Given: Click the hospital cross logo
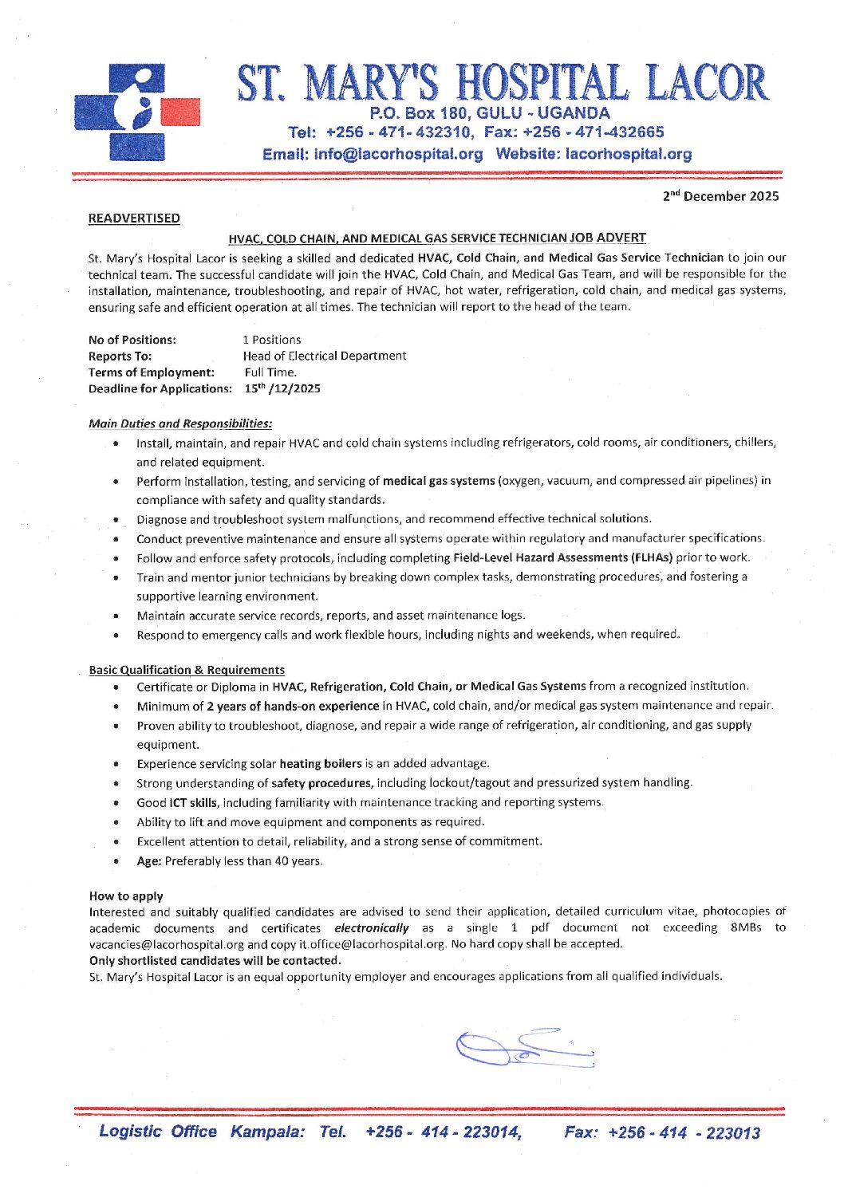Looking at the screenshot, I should coord(136,112).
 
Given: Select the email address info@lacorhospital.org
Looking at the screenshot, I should coord(398,154).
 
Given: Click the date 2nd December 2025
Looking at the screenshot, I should coord(720,196).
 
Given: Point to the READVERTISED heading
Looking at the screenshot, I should coord(134,219).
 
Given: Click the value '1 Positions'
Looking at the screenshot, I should coord(272,340).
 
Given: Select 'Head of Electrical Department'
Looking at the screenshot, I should coord(325,356).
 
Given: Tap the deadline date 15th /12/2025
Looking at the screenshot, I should coord(282,388).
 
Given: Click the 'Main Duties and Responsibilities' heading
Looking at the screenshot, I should coord(180,423).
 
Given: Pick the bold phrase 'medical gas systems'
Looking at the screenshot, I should coord(439,481).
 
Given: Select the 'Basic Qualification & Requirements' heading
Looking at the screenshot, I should coord(187,670).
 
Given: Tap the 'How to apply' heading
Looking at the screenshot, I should coord(126,896).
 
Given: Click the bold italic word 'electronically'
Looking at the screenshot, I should coord(372,928).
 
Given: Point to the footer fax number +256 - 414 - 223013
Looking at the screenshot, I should coord(684,1133).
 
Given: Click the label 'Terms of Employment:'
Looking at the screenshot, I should coord(152,372).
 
